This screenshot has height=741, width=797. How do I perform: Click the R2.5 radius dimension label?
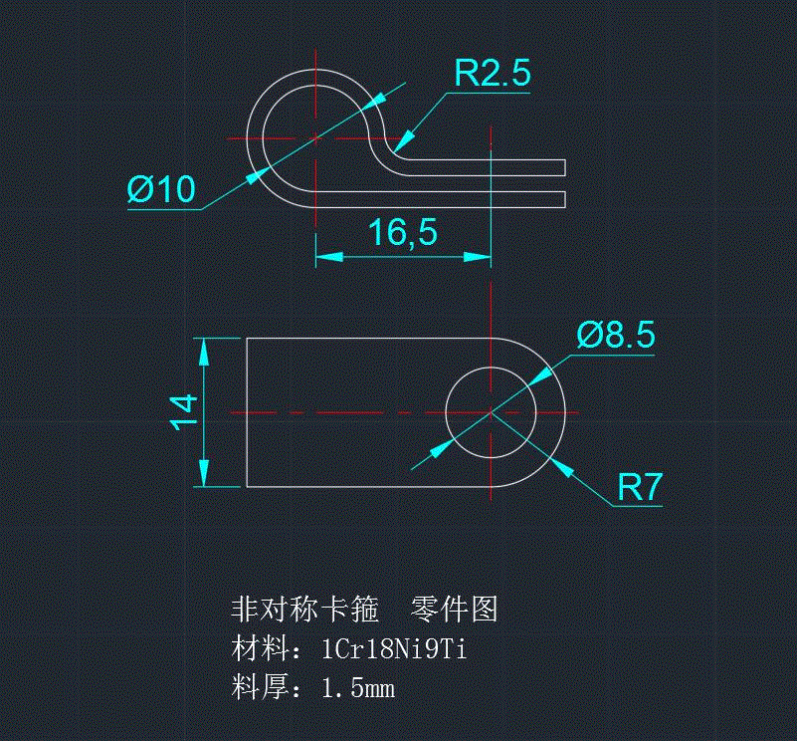click(x=493, y=74)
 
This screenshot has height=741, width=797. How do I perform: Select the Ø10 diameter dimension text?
click(x=162, y=189)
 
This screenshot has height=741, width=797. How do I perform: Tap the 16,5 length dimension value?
click(x=402, y=233)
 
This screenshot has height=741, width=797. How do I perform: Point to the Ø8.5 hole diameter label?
click(x=616, y=336)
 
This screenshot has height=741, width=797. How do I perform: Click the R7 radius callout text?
click(x=639, y=488)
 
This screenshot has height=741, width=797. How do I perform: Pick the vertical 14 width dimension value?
click(x=183, y=412)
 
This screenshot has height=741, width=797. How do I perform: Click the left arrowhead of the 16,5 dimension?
click(x=328, y=257)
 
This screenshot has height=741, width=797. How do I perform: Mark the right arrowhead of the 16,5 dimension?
click(x=479, y=257)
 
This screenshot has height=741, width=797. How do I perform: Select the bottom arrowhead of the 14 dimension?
click(x=206, y=475)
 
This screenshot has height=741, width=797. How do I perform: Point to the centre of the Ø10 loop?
click(x=314, y=137)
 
